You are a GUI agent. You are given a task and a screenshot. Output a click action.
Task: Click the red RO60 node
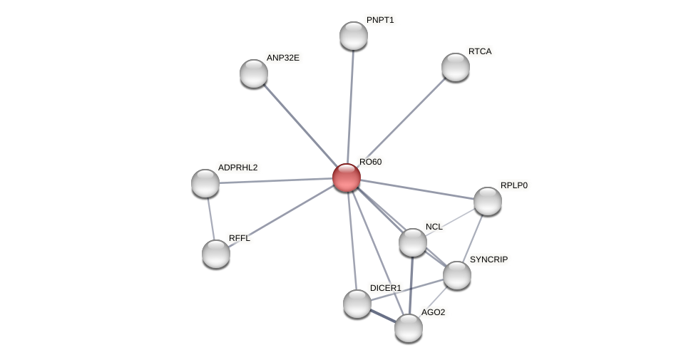pos(347,178)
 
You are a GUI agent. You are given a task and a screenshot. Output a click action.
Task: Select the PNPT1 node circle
pos(354,36)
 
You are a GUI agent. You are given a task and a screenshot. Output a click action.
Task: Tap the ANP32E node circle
pos(254,73)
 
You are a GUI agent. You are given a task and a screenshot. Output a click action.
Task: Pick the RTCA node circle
pos(456,67)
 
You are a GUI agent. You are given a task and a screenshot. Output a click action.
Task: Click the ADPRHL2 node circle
pos(205,183)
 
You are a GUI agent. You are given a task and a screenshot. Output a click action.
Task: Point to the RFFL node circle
pos(216,254)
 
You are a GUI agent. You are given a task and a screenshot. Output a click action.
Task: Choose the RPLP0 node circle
pos(488,201)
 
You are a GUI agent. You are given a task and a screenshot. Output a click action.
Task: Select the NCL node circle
pos(413,242)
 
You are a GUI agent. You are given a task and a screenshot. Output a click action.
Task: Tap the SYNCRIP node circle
pos(457,275)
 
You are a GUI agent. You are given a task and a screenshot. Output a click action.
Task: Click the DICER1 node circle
pos(357,304)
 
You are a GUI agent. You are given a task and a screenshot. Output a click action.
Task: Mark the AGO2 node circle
pos(409,328)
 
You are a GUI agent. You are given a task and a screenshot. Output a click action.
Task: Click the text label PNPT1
pos(380,20)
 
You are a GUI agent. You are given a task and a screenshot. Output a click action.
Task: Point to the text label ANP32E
pos(283,58)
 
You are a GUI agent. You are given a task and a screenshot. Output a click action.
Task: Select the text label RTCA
pos(480,51)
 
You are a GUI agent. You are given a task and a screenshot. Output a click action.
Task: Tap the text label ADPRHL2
pos(237,168)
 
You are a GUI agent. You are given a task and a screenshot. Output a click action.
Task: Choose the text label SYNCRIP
pos(488,259)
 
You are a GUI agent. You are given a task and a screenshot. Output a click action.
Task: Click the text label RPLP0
pos(513,185)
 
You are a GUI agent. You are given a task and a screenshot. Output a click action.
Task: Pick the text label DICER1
pos(385,288)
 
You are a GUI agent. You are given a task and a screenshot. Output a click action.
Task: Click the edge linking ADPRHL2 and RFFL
pos(210,219)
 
